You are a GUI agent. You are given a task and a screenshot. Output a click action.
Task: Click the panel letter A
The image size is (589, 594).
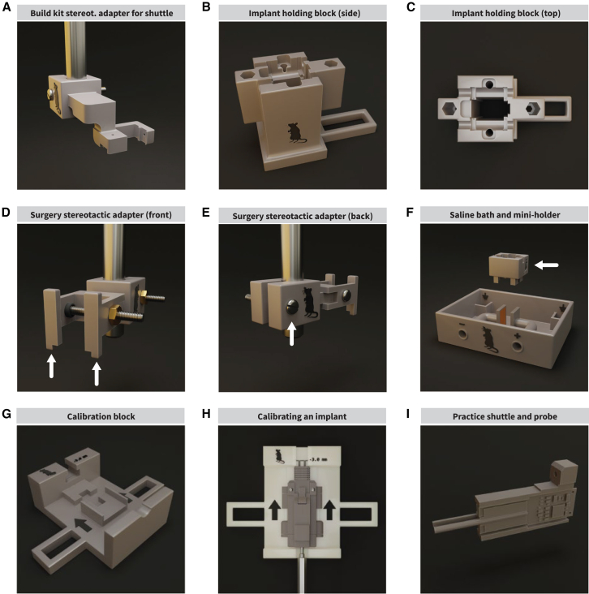point(6,7)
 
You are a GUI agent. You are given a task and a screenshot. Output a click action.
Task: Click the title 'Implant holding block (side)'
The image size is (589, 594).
point(304,13)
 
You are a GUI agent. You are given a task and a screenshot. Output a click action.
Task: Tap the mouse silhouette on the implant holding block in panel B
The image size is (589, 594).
point(296,132)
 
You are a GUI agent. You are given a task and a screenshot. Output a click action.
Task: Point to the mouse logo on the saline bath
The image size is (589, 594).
point(489,339)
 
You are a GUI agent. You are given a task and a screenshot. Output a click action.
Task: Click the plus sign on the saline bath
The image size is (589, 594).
point(516,336)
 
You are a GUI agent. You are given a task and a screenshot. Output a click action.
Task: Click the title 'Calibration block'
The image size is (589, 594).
point(101,416)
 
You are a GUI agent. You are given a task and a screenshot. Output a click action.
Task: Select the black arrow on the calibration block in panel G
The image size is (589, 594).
point(83,525)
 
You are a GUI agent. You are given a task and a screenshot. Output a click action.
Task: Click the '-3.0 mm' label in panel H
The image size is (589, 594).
point(318,459)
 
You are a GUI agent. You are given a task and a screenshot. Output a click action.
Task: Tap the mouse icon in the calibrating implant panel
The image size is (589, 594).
point(279,456)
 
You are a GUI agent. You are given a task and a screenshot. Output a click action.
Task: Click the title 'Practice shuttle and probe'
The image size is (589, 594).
point(505,416)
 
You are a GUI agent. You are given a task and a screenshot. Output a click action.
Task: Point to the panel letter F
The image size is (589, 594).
point(410,212)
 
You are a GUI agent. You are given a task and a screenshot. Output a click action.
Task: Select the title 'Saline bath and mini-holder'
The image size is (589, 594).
point(505,215)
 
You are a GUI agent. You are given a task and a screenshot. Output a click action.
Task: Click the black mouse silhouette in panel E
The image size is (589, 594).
point(310,303)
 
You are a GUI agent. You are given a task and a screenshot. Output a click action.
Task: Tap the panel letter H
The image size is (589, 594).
point(206,414)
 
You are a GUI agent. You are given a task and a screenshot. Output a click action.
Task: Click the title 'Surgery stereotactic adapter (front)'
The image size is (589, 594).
point(101,215)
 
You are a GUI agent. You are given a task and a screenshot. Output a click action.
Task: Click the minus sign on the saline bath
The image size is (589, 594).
point(462,325)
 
